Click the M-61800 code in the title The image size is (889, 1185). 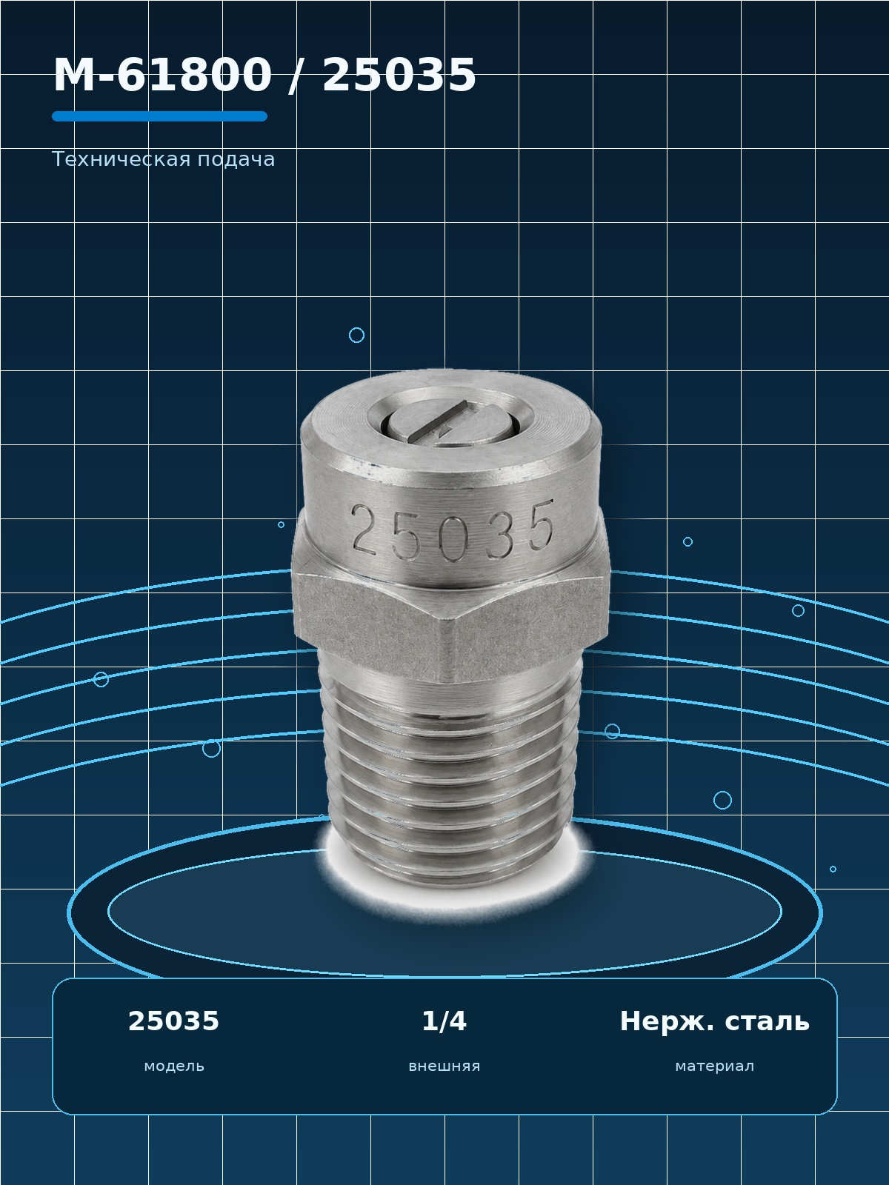click(x=162, y=75)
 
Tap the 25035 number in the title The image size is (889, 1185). click(x=399, y=75)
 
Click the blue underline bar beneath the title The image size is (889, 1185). click(x=160, y=116)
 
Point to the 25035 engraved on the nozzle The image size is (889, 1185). click(x=452, y=532)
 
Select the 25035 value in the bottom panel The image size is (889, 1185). click(x=174, y=1021)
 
